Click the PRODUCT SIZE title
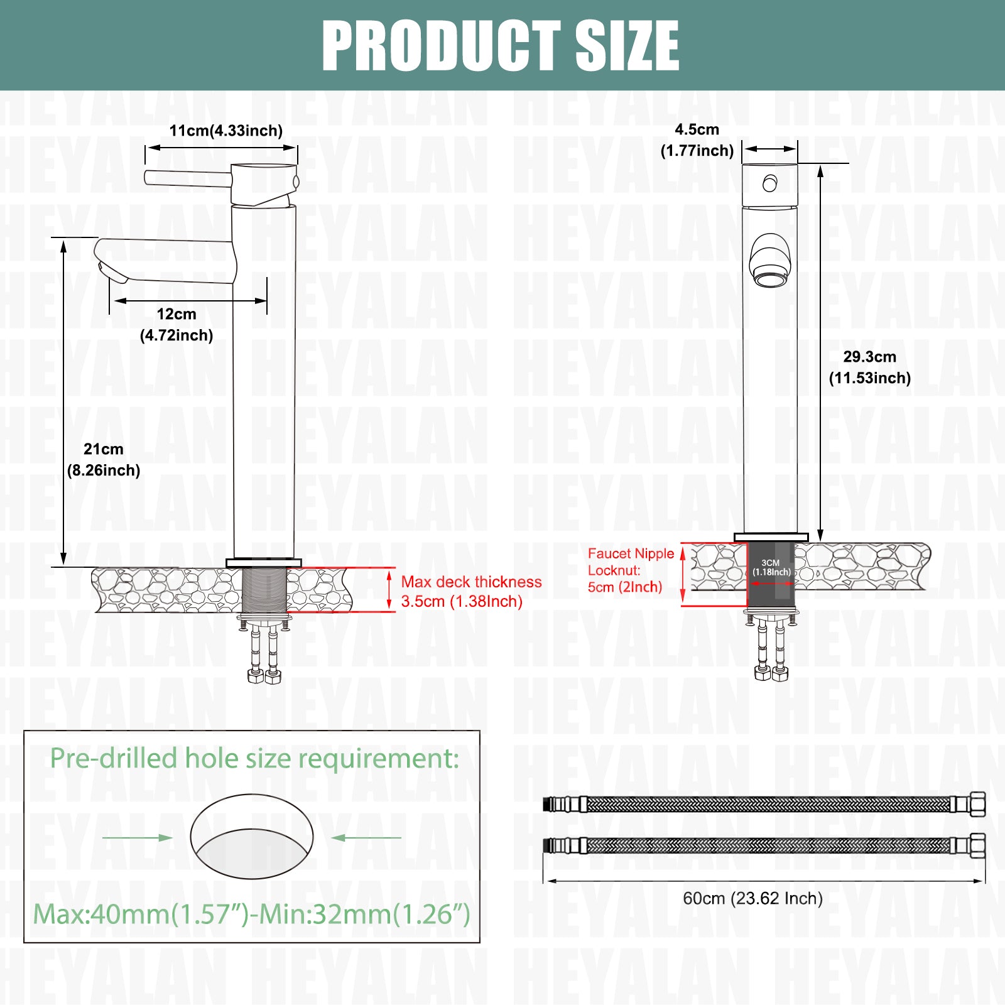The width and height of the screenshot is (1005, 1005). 501,45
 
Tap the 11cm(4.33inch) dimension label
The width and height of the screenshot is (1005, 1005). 226,131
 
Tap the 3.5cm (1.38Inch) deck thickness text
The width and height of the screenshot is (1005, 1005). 462,602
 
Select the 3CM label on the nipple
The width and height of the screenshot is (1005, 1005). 771,563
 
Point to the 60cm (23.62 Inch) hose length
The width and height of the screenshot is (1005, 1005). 753,898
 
